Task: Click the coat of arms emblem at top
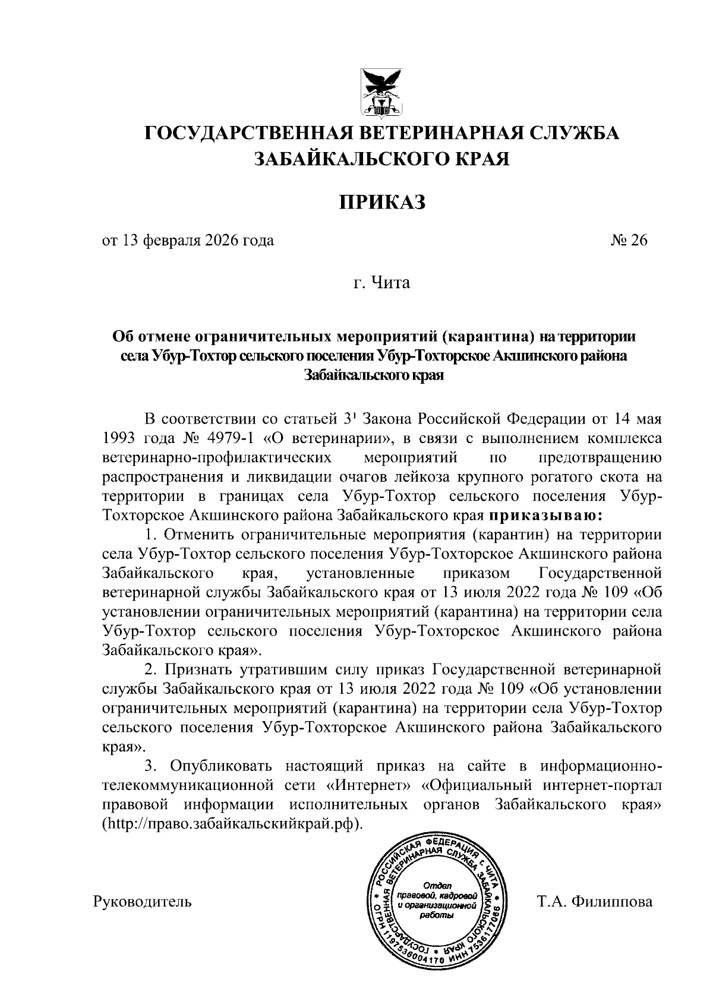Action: [x=383, y=92]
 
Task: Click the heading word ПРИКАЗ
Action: [x=383, y=202]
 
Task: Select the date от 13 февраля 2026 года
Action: [x=188, y=241]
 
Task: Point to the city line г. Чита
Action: [x=380, y=283]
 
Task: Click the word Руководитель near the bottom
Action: [x=143, y=901]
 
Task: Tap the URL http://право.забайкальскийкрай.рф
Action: [x=232, y=825]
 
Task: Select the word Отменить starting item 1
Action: [x=195, y=534]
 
